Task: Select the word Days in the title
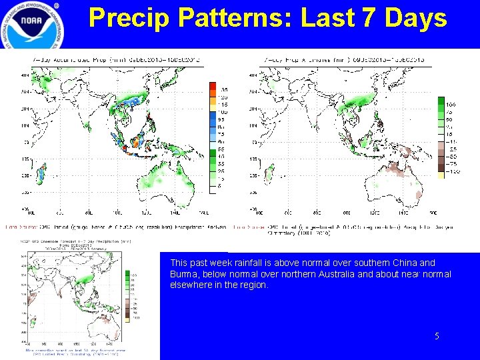(417, 18)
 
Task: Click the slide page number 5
(437, 337)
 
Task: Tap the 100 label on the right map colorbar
(451, 105)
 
